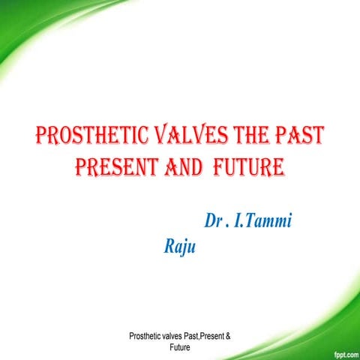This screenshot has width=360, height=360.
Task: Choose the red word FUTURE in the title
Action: click(x=245, y=166)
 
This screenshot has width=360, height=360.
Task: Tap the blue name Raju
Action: click(x=180, y=247)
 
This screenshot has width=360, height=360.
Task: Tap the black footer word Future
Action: click(x=180, y=348)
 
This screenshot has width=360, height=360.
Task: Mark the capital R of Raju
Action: click(x=169, y=247)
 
